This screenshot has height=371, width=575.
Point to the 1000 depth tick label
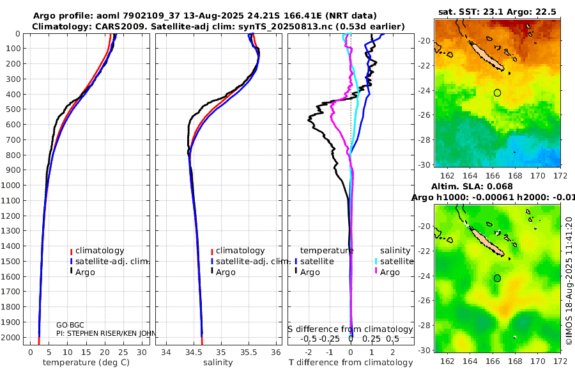click(x=12, y=185)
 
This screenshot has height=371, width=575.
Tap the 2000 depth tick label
click(x=12, y=338)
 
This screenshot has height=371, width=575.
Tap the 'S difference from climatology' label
click(x=351, y=329)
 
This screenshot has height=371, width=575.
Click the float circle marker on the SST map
click(x=497, y=93)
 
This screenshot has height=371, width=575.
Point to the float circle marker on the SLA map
click(x=497, y=278)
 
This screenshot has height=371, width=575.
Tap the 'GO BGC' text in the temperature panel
click(x=71, y=325)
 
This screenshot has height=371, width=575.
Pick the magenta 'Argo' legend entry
click(x=389, y=272)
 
